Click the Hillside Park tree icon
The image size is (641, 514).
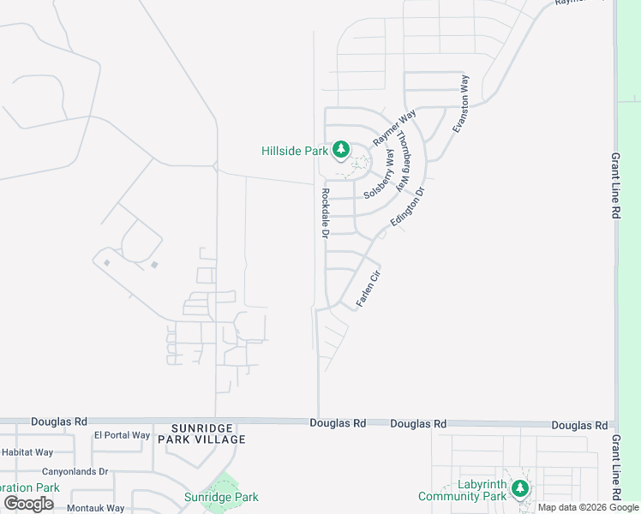[x=341, y=150]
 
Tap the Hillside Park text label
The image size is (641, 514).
[x=295, y=151]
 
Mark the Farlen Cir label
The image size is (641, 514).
[x=367, y=290]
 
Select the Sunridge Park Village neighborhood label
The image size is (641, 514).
[x=208, y=433]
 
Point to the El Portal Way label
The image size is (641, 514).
[x=123, y=435]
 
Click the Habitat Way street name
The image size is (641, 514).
[x=27, y=452]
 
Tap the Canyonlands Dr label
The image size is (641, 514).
[x=75, y=471]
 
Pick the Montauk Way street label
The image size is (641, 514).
[x=96, y=508]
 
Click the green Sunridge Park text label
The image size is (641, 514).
[x=221, y=497]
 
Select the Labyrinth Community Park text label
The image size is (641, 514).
[x=462, y=490]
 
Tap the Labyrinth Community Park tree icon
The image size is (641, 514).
[x=518, y=488]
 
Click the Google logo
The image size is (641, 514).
[x=27, y=503]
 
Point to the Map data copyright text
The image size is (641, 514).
[x=588, y=507]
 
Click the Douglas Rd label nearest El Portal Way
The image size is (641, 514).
[x=59, y=421]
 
